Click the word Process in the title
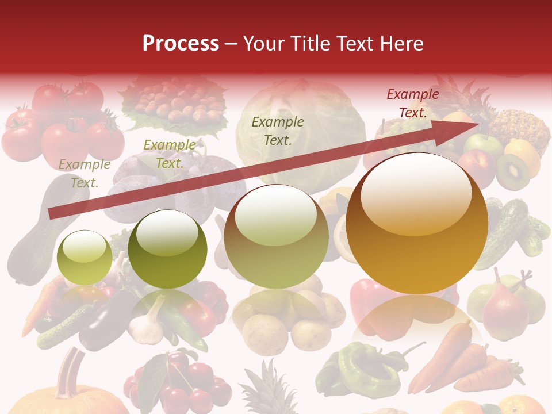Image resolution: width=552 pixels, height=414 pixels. (181, 43)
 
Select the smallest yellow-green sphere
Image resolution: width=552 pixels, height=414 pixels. (85, 257)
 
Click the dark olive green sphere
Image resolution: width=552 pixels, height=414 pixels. (167, 249)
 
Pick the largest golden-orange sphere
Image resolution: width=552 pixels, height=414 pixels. (417, 223)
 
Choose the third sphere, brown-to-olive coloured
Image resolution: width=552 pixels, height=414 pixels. (277, 236)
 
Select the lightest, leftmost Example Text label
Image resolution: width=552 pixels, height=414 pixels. (84, 174)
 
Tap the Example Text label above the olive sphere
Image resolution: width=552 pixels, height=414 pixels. (169, 154)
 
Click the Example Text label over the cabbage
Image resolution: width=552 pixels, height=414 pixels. (278, 131)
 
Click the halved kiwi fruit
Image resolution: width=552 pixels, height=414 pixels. (513, 171)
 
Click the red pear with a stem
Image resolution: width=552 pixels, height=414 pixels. (505, 310)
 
